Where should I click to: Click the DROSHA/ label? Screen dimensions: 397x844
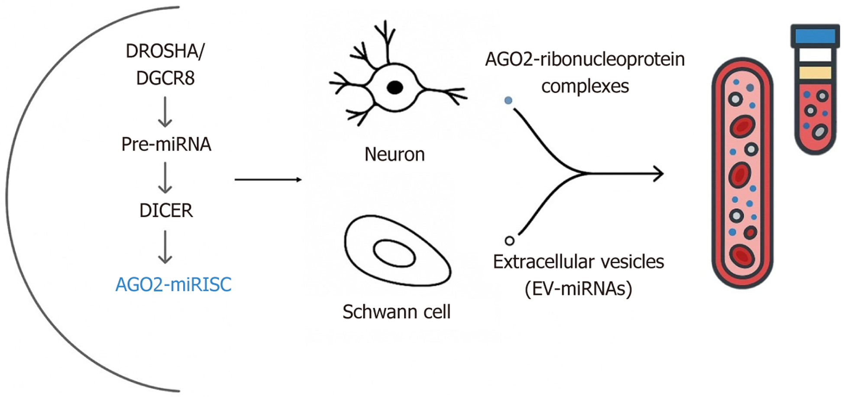click(x=165, y=51)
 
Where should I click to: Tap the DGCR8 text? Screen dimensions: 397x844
click(x=165, y=78)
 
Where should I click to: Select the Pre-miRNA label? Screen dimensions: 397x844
click(x=166, y=144)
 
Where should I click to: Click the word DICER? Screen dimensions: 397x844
click(x=166, y=210)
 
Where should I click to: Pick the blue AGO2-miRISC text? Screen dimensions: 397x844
click(x=173, y=284)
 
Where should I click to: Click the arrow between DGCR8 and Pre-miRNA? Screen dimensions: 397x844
click(x=165, y=112)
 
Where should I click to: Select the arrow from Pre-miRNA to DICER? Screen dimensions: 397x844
click(x=165, y=178)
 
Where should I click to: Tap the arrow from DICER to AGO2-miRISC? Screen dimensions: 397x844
click(x=165, y=247)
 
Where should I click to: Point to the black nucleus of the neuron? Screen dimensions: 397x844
click(x=395, y=87)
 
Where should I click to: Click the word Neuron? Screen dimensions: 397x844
click(x=395, y=155)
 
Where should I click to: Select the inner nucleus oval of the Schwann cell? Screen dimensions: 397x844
click(x=394, y=253)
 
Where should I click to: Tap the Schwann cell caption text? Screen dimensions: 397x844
click(x=396, y=312)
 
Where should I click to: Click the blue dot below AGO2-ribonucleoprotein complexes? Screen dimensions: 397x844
click(x=508, y=100)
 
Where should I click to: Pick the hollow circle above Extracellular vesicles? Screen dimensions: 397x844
click(x=510, y=241)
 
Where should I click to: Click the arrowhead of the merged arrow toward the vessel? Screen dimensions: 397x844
click(x=659, y=174)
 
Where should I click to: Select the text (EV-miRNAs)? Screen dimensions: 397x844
click(x=578, y=288)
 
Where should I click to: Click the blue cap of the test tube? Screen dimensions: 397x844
click(x=815, y=36)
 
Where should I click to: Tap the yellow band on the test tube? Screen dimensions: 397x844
click(x=815, y=72)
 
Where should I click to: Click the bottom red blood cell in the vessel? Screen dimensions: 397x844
click(x=742, y=255)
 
